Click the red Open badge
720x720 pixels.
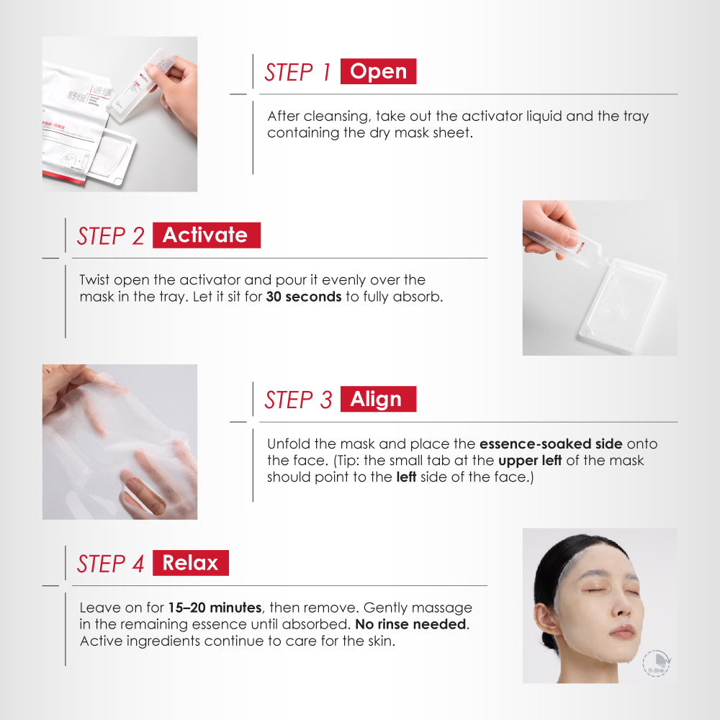[x=378, y=71]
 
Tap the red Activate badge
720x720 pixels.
[x=206, y=235]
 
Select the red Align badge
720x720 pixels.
[x=378, y=400]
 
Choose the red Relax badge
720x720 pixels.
[x=190, y=563]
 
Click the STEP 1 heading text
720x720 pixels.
[x=297, y=72]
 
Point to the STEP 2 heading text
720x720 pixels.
[x=111, y=236]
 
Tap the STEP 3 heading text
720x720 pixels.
[x=298, y=400]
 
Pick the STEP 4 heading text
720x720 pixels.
[x=111, y=564]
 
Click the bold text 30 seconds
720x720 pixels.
[x=303, y=297]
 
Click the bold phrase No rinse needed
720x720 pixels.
[x=410, y=624]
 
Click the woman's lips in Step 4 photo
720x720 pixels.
[x=622, y=631]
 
